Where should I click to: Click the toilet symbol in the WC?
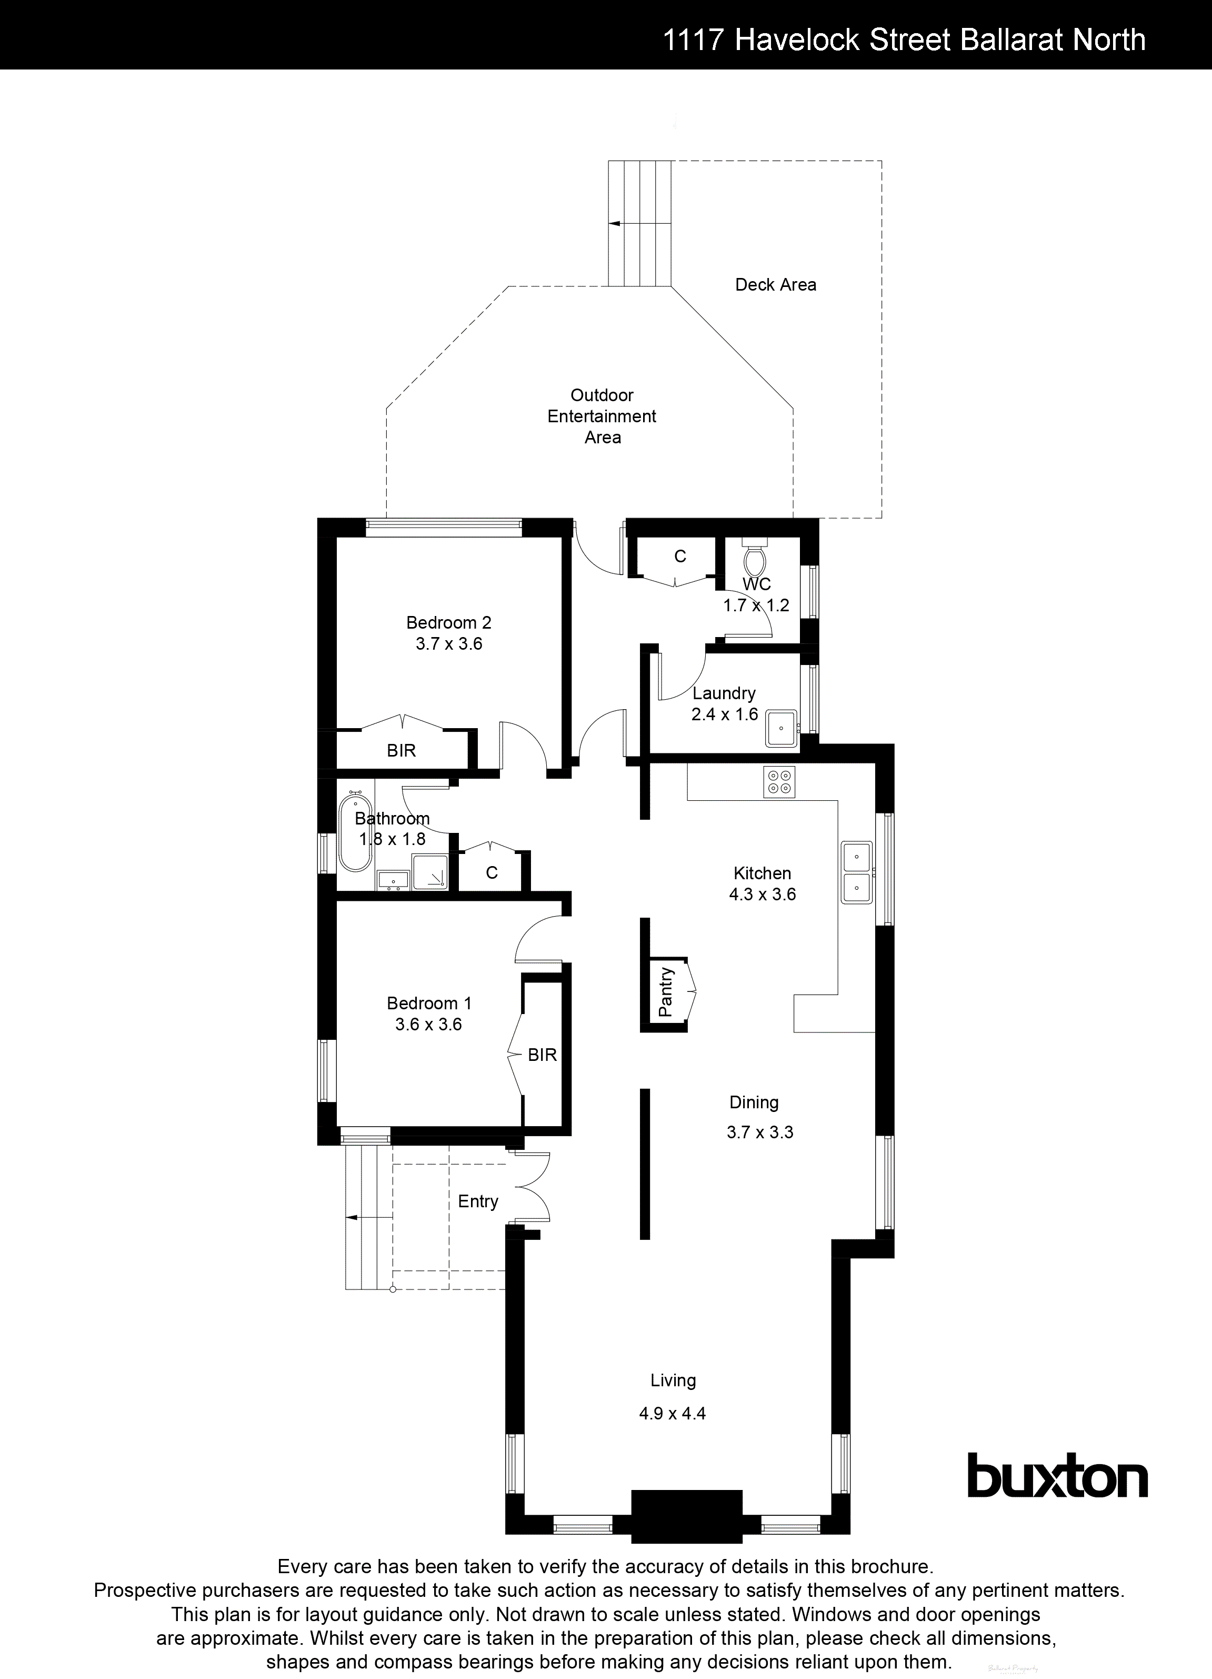[755, 560]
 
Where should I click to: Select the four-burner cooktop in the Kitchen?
[779, 782]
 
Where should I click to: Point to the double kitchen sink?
[856, 871]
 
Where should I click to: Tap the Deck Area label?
[775, 285]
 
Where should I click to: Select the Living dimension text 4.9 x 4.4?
[672, 1413]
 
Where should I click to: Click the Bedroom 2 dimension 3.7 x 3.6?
[448, 644]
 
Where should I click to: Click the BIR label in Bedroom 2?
[401, 751]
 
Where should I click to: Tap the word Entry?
[478, 1201]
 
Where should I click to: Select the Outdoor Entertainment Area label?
[601, 416]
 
